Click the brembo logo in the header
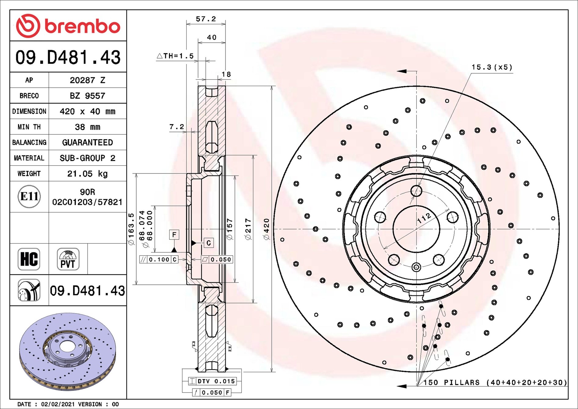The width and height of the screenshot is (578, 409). [x=68, y=26]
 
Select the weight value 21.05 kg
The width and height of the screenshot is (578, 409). [x=87, y=173]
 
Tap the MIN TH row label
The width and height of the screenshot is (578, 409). [x=29, y=127]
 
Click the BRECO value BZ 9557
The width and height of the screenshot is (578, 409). [x=87, y=96]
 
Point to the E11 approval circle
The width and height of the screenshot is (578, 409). [x=29, y=196]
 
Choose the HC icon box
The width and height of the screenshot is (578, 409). [x=29, y=259]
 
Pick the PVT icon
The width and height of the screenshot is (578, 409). [x=68, y=259]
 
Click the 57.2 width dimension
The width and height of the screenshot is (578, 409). [x=206, y=19]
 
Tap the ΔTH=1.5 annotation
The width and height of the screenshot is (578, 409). [x=175, y=56]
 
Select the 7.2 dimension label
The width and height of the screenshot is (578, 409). [x=177, y=126]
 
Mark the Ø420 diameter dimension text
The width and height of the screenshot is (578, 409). [x=267, y=229]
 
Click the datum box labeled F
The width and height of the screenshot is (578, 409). [x=174, y=235]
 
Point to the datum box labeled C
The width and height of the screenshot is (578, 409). [x=209, y=243]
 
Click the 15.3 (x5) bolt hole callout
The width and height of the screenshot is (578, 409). [x=492, y=67]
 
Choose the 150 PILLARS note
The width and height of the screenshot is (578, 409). [x=495, y=382]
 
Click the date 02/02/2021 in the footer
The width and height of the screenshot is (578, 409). [x=58, y=404]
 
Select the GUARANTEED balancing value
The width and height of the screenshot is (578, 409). [x=87, y=142]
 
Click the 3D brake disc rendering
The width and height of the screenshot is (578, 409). [x=68, y=352]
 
